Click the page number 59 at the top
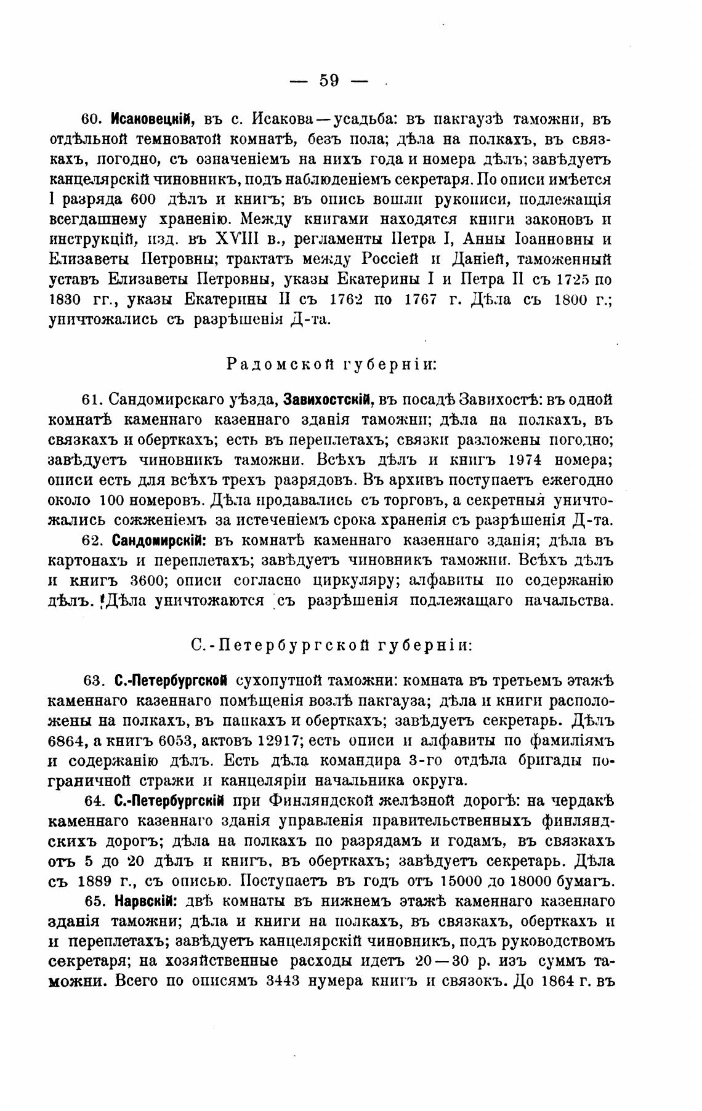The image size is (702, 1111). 329,80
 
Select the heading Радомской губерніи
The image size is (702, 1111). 331,364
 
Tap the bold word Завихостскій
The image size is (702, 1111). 329,400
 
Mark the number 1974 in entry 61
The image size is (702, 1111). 530,459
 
